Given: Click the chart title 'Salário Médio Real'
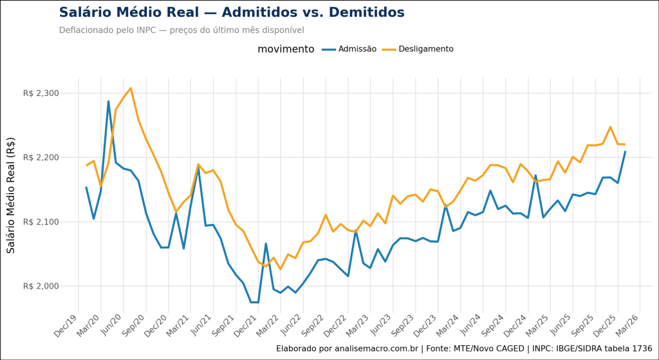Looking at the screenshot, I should click(x=232, y=13).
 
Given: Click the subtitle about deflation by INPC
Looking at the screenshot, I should click(x=181, y=30).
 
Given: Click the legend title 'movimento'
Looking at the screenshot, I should click(x=286, y=49).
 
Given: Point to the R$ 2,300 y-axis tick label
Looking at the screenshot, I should click(x=41, y=93).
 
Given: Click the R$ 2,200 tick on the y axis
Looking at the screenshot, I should click(x=41, y=157).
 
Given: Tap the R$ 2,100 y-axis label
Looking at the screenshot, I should click(x=41, y=222).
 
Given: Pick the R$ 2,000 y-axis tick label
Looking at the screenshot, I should click(x=41, y=286).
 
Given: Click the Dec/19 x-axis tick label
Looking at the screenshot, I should click(x=67, y=325).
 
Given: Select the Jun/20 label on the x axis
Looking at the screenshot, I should click(x=112, y=325).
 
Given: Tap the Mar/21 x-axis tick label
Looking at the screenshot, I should click(x=179, y=325).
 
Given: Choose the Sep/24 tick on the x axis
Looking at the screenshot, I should click(x=493, y=325).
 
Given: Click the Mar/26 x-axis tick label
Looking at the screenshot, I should click(x=627, y=325).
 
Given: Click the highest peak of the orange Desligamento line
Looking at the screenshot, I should click(x=131, y=88).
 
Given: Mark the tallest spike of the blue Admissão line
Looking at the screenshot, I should click(x=108, y=101).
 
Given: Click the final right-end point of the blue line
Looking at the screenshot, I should click(x=625, y=151).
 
